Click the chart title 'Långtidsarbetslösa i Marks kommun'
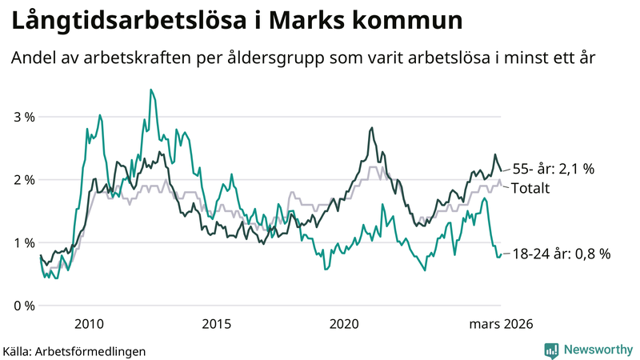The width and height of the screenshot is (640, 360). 237,21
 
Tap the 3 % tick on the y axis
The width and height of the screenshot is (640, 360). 25,117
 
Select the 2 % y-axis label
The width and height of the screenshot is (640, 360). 25,180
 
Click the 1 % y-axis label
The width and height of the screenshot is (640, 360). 25,243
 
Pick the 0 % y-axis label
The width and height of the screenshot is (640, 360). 25,306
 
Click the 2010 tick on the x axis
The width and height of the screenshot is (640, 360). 89,324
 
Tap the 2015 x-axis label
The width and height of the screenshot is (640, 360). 216,324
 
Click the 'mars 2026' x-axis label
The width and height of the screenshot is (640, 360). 501,324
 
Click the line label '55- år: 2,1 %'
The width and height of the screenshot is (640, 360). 553,169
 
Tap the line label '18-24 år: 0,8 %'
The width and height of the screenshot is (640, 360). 561,254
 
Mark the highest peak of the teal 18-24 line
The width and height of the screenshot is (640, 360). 150,90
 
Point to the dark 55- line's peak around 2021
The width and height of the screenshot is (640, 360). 371,128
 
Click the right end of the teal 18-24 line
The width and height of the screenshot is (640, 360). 501,255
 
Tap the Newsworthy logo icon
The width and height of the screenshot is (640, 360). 551,350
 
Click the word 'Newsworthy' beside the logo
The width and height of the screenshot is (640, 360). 599,350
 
